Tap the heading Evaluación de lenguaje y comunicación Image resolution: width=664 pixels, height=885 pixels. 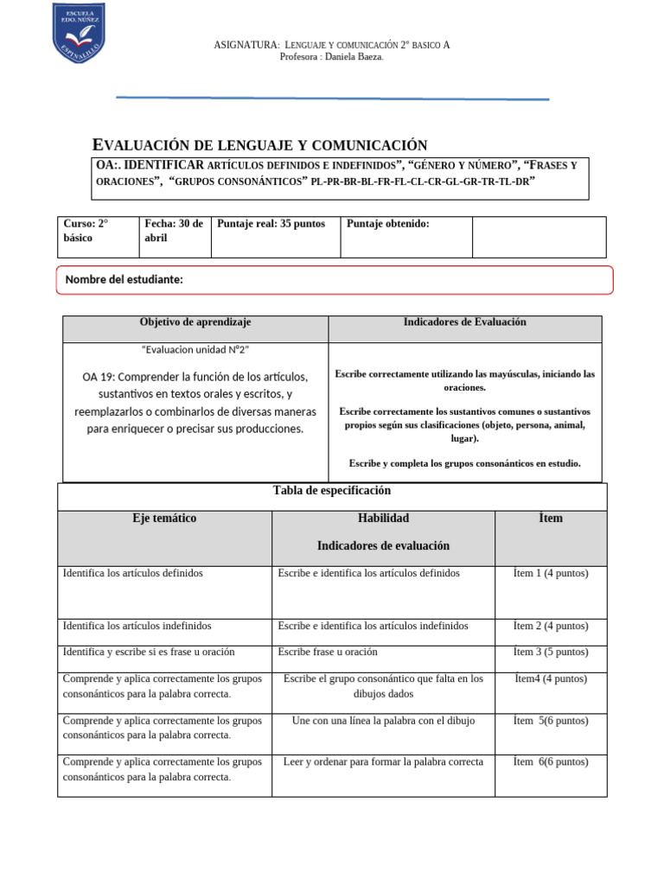[x=259, y=145]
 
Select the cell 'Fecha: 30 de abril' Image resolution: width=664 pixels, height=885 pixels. [x=174, y=230]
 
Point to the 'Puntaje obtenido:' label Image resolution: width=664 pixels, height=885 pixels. [x=387, y=224]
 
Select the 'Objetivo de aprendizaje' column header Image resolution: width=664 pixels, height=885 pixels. [x=195, y=322]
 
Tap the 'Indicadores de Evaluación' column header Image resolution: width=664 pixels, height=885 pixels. [x=464, y=322]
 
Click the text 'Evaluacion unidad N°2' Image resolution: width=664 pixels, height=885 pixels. [x=195, y=349]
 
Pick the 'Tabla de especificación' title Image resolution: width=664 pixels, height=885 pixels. [x=332, y=491]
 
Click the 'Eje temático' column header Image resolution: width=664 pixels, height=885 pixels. [x=164, y=519]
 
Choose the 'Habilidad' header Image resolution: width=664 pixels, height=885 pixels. [x=383, y=519]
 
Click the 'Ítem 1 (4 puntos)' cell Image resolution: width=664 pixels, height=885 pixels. [x=550, y=573]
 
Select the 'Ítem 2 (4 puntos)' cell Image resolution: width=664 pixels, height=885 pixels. [x=550, y=625]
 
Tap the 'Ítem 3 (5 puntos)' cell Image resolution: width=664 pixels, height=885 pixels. [x=550, y=652]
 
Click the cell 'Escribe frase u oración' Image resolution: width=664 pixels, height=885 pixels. [x=328, y=652]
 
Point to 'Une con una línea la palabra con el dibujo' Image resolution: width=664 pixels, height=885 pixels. [x=383, y=720]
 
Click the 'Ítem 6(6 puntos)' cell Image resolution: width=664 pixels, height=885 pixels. [x=550, y=761]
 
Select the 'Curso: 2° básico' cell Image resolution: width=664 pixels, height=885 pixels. [x=98, y=230]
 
